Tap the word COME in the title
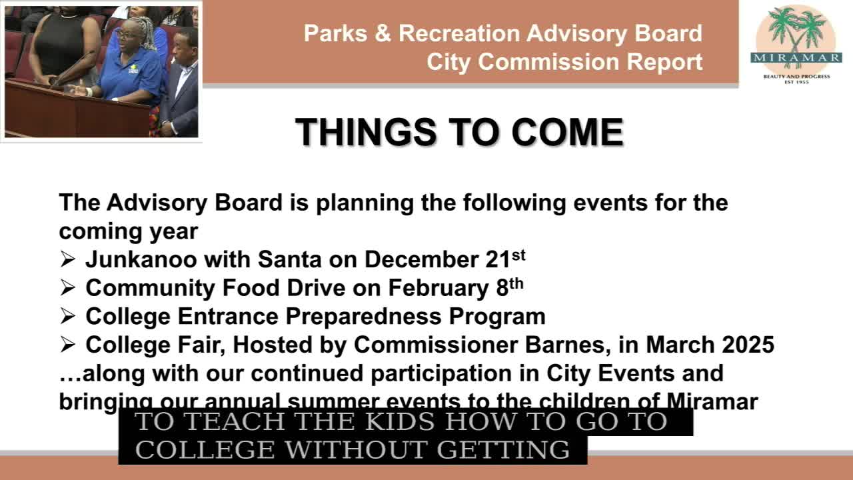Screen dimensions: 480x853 pyautogui.click(x=567, y=132)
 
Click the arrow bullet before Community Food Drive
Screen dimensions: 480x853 pyautogui.click(x=68, y=288)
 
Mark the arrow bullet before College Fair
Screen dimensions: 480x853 pyautogui.click(x=68, y=345)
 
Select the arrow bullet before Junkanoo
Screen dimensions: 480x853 pyautogui.click(x=68, y=259)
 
